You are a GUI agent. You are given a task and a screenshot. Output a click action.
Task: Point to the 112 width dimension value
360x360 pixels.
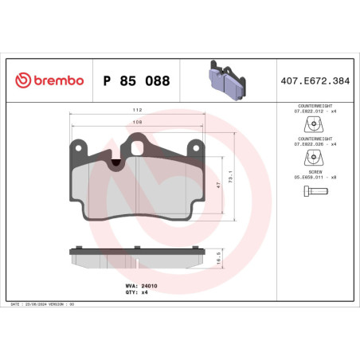138,111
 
